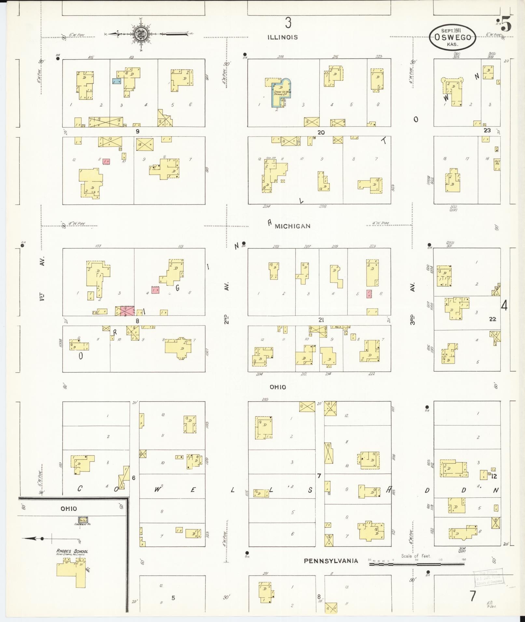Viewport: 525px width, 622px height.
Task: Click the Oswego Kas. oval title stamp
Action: (x=452, y=37)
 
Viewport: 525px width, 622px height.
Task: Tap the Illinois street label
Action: (x=283, y=37)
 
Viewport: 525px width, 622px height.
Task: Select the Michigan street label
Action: (x=292, y=226)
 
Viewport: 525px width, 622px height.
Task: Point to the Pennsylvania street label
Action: (x=331, y=561)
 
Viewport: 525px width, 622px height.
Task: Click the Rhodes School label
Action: (x=72, y=551)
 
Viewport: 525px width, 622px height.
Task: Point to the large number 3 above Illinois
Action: (x=288, y=23)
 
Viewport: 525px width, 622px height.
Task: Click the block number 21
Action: (x=321, y=320)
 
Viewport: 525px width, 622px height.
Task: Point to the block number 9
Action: (x=138, y=131)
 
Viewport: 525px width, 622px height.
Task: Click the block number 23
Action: (x=487, y=130)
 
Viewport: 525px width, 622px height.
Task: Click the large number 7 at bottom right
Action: (x=473, y=596)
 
